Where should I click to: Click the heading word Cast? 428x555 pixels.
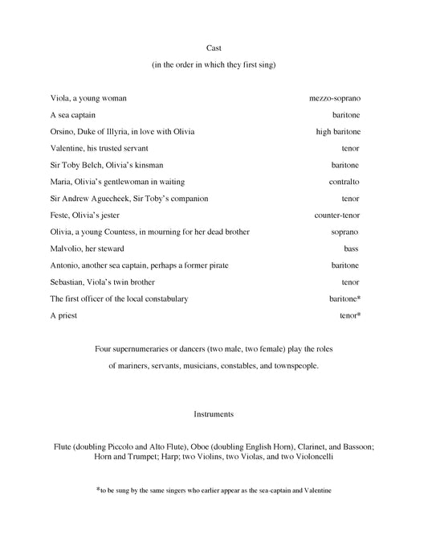click(x=214, y=48)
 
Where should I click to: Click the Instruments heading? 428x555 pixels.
click(x=214, y=414)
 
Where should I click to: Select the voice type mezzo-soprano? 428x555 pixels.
click(x=335, y=98)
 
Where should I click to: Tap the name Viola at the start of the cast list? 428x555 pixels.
click(x=60, y=98)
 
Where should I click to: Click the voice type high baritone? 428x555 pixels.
click(x=338, y=131)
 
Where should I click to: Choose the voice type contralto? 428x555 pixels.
click(x=344, y=182)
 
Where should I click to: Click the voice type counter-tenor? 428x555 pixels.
click(x=337, y=216)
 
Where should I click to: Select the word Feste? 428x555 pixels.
click(x=60, y=216)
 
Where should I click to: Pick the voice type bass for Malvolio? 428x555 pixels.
click(x=352, y=249)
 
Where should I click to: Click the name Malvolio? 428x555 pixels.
click(x=67, y=249)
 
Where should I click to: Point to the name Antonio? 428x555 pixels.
click(x=65, y=265)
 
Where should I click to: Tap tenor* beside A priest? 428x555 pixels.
click(x=350, y=315)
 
